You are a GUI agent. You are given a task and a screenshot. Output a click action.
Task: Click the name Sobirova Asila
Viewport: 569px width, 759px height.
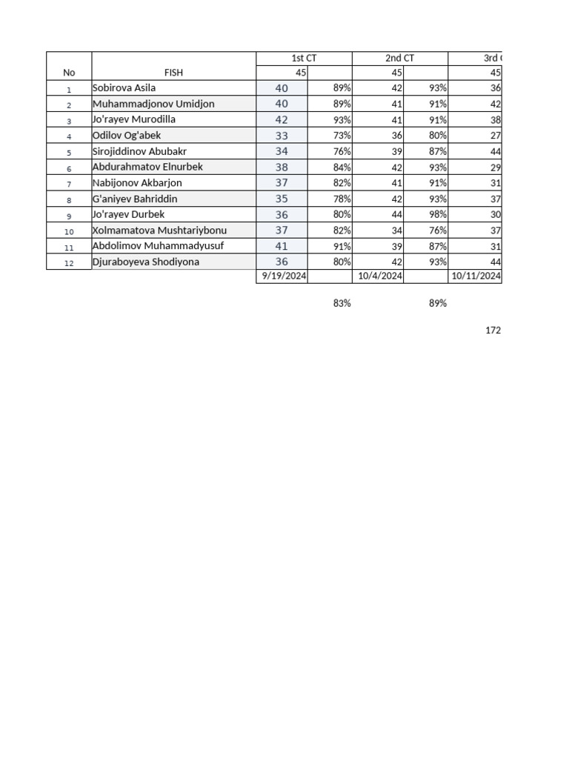coord(124,88)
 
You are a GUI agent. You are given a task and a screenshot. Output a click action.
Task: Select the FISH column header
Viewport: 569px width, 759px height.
coord(174,73)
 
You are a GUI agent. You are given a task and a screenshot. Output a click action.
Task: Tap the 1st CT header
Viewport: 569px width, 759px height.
coord(304,59)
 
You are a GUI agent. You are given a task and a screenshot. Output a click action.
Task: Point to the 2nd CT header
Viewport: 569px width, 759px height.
coord(399,59)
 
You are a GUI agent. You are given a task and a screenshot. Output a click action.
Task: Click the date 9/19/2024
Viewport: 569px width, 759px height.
coord(282,276)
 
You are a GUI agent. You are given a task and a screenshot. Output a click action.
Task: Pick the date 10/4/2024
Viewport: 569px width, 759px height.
coord(380,276)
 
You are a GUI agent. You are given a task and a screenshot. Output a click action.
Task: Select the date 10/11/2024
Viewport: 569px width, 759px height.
coord(476,276)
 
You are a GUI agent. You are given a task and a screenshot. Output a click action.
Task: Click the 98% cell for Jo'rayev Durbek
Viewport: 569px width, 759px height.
coord(437,215)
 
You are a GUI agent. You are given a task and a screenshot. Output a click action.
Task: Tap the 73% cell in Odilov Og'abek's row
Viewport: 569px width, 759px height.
coord(342,136)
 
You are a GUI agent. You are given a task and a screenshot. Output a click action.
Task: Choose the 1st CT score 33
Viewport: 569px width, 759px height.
coord(282,136)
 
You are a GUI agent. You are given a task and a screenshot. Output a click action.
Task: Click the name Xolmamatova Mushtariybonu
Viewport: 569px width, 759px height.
coord(159,231)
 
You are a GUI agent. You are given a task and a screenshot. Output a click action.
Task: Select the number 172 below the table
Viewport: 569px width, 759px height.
coord(493,331)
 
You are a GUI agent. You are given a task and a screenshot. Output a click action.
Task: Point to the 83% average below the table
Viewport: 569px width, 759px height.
coord(342,303)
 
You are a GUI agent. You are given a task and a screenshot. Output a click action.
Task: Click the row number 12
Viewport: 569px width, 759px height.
coord(69,262)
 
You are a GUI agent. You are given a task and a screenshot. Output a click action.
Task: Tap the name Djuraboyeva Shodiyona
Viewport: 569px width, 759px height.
coord(145,262)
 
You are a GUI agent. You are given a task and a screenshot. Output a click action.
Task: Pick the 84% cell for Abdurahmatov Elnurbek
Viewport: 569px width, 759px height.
coord(342,168)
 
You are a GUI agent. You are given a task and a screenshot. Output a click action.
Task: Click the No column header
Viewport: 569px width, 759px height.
coord(69,73)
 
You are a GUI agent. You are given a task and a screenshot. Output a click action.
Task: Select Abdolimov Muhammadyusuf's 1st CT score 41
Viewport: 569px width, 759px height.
coord(282,246)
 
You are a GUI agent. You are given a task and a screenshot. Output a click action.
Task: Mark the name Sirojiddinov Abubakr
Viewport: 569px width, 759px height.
coord(139,151)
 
